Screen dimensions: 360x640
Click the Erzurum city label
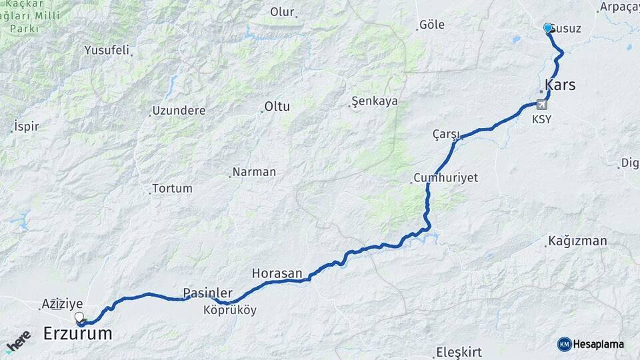point(77,334)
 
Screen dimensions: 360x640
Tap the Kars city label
point(560,85)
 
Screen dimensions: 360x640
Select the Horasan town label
point(277,273)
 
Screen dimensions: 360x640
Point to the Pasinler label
point(208,293)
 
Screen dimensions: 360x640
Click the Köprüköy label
point(230,310)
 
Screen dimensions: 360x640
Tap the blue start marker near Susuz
point(548,28)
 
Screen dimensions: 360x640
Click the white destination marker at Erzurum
point(79,317)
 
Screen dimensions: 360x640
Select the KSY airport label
point(541,119)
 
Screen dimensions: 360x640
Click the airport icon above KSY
point(541,104)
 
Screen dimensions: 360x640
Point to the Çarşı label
point(447,135)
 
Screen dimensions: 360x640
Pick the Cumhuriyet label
point(445,179)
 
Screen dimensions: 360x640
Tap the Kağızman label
point(577,241)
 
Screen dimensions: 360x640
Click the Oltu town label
point(277,107)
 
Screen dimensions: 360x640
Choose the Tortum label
point(172,189)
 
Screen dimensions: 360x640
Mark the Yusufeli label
point(107,50)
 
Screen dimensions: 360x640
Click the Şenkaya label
point(375,101)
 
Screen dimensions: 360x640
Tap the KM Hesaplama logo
point(591,344)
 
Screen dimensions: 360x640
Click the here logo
point(19,341)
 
